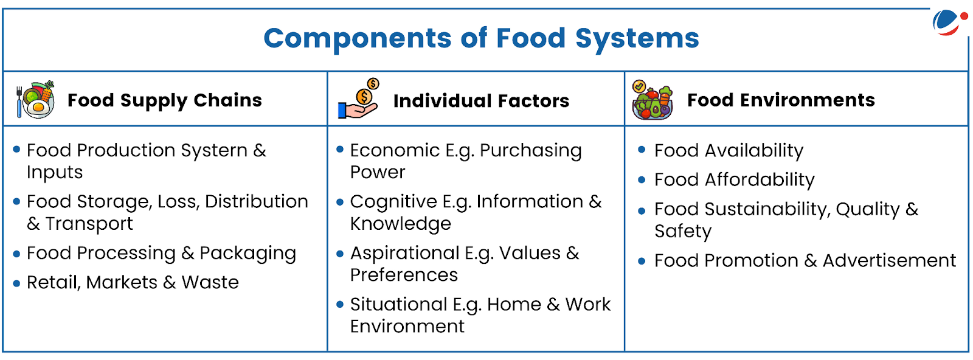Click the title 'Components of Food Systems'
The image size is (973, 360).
pyautogui.click(x=481, y=39)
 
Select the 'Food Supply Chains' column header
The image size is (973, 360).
pyautogui.click(x=165, y=100)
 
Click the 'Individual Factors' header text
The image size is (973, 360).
pyautogui.click(x=481, y=101)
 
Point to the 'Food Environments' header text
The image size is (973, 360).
pyautogui.click(x=781, y=100)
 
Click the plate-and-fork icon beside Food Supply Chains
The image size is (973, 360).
pyautogui.click(x=36, y=100)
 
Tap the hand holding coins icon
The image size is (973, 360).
pyautogui.click(x=359, y=99)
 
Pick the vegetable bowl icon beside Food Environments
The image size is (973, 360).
pyautogui.click(x=653, y=100)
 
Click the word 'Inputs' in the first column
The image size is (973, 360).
pyautogui.click(x=55, y=173)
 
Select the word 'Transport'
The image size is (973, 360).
pyautogui.click(x=89, y=224)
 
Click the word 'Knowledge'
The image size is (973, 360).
pyautogui.click(x=401, y=224)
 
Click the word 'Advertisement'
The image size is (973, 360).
pyautogui.click(x=889, y=260)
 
